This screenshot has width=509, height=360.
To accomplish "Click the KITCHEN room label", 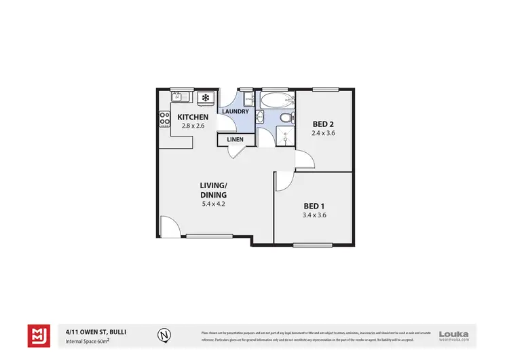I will click(192, 117).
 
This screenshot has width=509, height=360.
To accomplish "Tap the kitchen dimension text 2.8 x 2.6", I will click(192, 126).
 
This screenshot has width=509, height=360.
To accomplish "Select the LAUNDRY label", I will click(235, 111).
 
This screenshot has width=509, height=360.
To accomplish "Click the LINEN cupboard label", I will click(235, 140).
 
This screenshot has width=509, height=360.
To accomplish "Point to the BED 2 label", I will click(324, 124).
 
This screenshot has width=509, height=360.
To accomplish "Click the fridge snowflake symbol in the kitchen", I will click(204, 98).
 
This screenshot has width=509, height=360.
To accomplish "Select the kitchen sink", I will click(178, 96).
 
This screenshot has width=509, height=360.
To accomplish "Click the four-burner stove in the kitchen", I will click(164, 119).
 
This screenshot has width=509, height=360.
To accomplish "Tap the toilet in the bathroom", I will click(286, 118).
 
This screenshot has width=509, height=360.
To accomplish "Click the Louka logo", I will click(454, 334).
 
